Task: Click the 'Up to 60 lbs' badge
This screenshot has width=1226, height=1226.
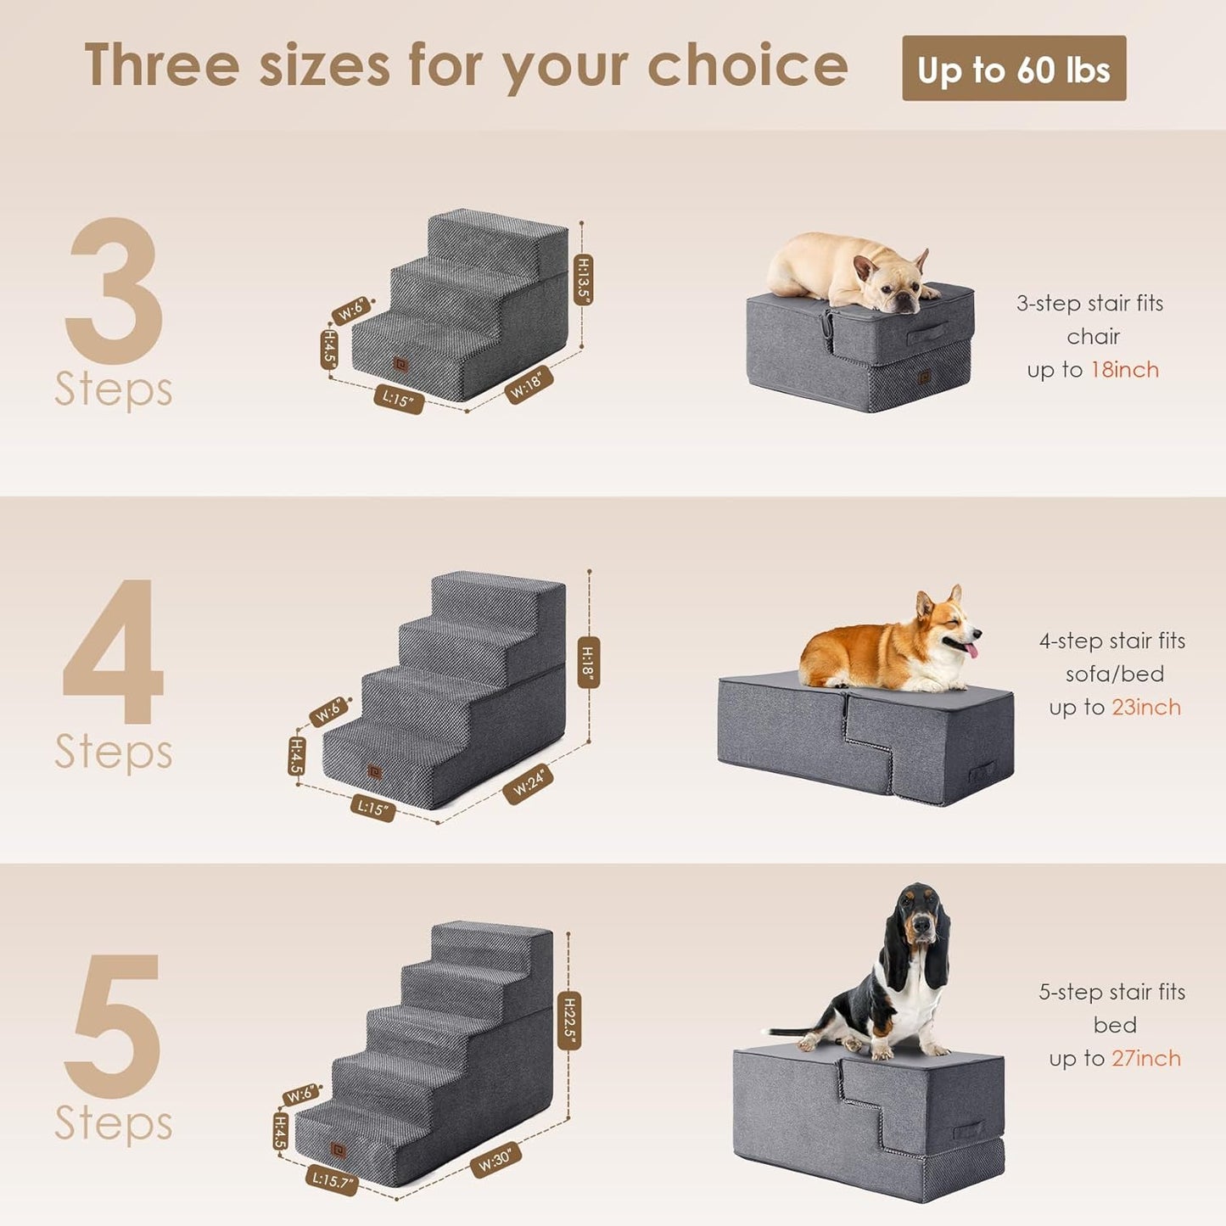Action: pyautogui.click(x=1013, y=69)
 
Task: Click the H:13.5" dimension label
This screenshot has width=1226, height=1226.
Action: pyautogui.click(x=583, y=279)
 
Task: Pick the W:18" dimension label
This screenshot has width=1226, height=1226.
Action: pyautogui.click(x=529, y=384)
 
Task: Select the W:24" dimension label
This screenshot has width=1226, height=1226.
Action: pyautogui.click(x=528, y=782)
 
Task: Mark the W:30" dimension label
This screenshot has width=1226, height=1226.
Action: pyautogui.click(x=495, y=1159)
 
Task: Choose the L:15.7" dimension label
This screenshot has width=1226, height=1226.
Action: pyautogui.click(x=332, y=1180)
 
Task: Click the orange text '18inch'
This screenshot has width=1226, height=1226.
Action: pyautogui.click(x=1124, y=370)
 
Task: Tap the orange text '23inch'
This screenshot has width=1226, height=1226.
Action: pyautogui.click(x=1145, y=708)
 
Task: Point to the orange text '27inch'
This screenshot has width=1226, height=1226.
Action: pyautogui.click(x=1145, y=1059)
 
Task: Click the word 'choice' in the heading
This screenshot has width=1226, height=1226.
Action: pyautogui.click(x=747, y=66)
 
